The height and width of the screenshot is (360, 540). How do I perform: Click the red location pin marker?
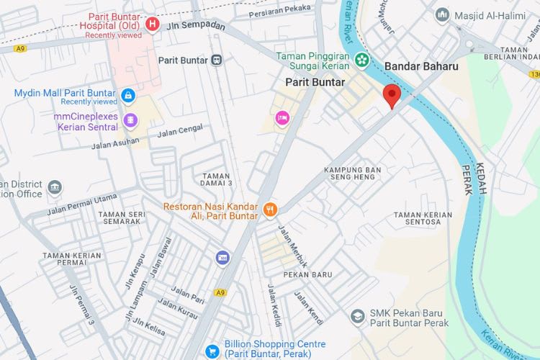point(391,94)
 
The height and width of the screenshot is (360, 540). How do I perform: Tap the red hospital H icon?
point(152,24)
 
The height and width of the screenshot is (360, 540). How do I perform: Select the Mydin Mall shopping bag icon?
point(127,95)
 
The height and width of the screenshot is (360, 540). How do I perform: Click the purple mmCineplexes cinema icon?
point(130,120)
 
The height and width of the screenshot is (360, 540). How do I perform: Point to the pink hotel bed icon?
point(282,117)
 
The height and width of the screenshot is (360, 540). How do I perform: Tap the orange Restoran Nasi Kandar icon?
point(270,210)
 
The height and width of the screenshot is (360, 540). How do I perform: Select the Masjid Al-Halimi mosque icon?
point(442,14)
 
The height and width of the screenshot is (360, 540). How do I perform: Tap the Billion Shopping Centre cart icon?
point(212,351)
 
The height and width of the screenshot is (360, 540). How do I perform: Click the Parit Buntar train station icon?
point(216,60)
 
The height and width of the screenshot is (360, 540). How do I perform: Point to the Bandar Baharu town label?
point(421,66)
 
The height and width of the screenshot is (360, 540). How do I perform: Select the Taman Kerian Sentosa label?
point(423,218)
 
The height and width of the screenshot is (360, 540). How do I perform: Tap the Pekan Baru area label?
point(307,274)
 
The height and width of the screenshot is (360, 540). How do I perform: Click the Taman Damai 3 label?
point(217,180)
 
